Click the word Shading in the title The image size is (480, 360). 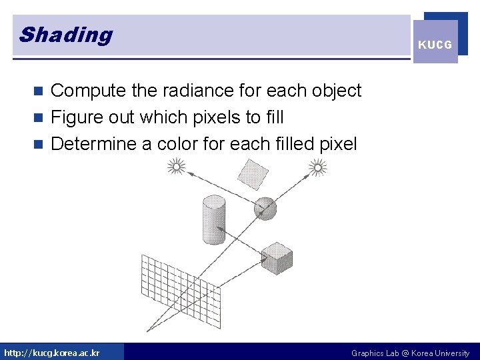point(66,35)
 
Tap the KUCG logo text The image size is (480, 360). point(435,45)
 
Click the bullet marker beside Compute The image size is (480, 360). point(39,91)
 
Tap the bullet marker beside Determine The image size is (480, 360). point(39,145)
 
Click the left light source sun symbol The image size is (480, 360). point(176,166)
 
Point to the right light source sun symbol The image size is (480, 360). point(318,167)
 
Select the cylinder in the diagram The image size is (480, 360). point(213,220)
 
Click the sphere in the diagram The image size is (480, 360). point(265,209)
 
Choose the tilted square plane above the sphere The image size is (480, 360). point(253,175)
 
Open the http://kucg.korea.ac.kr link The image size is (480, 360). point(52,353)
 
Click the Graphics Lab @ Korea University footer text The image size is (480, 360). point(410,353)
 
